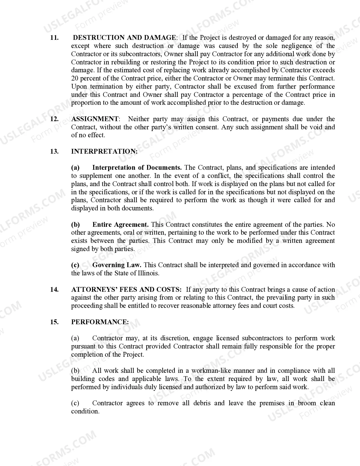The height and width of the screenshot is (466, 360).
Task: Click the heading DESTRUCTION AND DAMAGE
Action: pos(124,38)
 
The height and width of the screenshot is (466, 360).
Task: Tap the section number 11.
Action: pos(54,38)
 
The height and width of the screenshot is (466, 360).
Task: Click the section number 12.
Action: pos(54,119)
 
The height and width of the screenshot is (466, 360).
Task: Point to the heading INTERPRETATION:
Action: pos(104,151)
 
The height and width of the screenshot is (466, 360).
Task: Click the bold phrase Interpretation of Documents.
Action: pos(137,167)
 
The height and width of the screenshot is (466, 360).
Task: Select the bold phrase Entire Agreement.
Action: pos(121,225)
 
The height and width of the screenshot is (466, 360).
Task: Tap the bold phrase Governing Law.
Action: pos(117,265)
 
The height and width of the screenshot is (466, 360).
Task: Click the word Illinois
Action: pos(148,273)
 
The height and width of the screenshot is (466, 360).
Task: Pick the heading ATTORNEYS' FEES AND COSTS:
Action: pos(126,289)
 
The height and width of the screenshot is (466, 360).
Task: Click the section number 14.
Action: pos(54,289)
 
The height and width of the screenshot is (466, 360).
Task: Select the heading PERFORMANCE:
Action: pos(100,322)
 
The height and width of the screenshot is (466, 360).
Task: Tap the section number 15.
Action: pos(54,322)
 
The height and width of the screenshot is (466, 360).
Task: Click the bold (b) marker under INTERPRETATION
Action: pos(75,225)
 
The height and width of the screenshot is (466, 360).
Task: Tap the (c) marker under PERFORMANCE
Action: pos(75,403)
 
